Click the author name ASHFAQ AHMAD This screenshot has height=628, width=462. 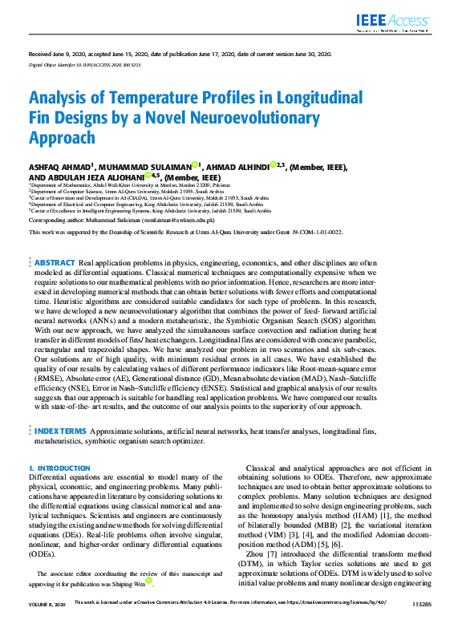coord(59,166)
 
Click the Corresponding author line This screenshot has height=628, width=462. coord(122,218)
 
